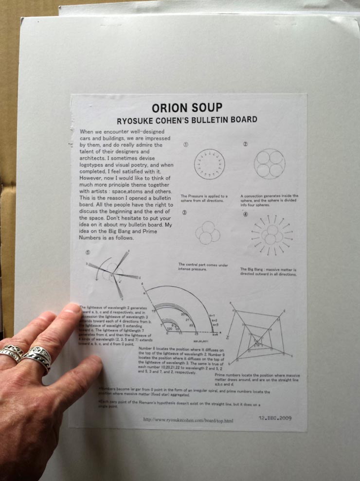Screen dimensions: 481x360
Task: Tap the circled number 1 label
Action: tap(185, 144)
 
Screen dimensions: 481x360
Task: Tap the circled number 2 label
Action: tap(245, 144)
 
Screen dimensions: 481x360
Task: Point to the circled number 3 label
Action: tap(185, 213)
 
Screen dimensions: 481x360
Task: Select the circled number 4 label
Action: tap(245, 214)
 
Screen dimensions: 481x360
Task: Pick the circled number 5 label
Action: tap(88, 252)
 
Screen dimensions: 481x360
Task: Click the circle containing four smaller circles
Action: tap(269, 163)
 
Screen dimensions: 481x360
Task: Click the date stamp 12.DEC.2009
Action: tap(275, 418)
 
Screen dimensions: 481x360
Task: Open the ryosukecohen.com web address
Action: tap(188, 420)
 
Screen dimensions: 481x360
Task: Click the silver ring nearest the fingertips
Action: tap(37, 356)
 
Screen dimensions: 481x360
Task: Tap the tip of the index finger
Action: tap(73, 308)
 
